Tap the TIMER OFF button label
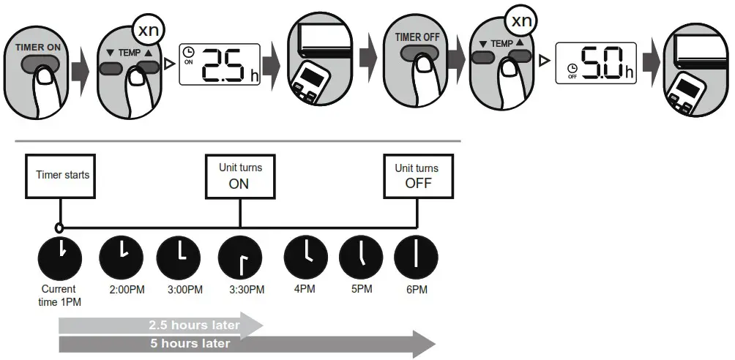coord(417,37)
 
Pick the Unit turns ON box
coord(239,176)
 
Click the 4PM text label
coord(305,289)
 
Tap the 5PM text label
coord(362,289)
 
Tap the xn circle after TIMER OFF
coord(521,21)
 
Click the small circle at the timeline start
coord(59,228)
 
